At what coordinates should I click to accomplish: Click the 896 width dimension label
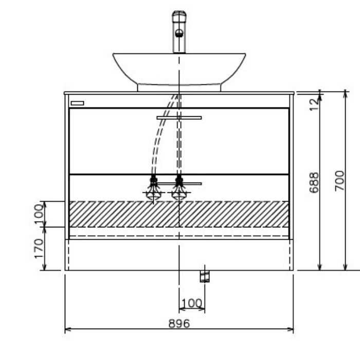click(x=179, y=323)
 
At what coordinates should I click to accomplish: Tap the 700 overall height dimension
click(x=340, y=181)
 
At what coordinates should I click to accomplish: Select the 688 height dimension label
click(x=314, y=183)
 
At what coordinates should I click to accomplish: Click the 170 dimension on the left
click(x=39, y=248)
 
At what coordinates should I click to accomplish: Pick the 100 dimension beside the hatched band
click(x=39, y=214)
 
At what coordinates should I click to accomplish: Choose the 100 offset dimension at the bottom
click(x=192, y=303)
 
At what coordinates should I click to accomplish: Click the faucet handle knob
click(x=179, y=33)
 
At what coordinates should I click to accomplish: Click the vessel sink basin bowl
click(x=179, y=68)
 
